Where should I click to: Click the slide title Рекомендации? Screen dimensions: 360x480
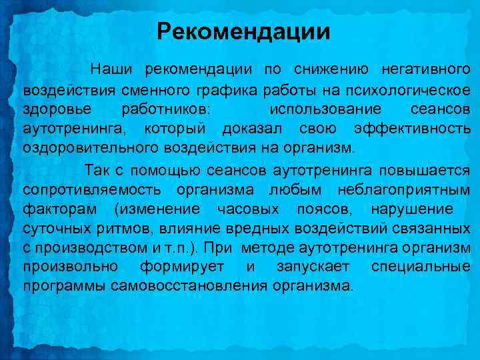(243, 31)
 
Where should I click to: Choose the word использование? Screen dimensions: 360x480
(325, 108)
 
